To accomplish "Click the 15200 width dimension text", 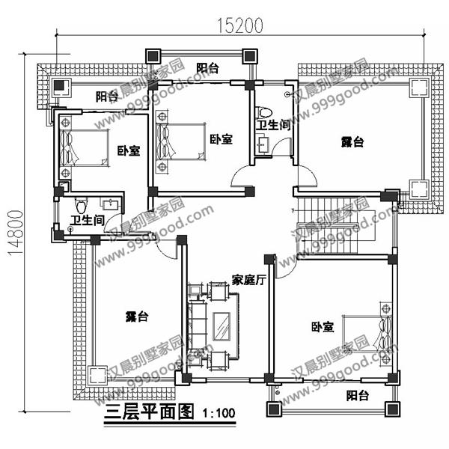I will (242, 26).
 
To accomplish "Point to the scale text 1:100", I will (218, 412).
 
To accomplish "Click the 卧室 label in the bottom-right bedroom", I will (323, 327).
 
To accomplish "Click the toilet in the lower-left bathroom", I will (82, 204).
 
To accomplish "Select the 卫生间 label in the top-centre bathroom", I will (273, 125).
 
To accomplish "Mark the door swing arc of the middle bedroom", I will (241, 178).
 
